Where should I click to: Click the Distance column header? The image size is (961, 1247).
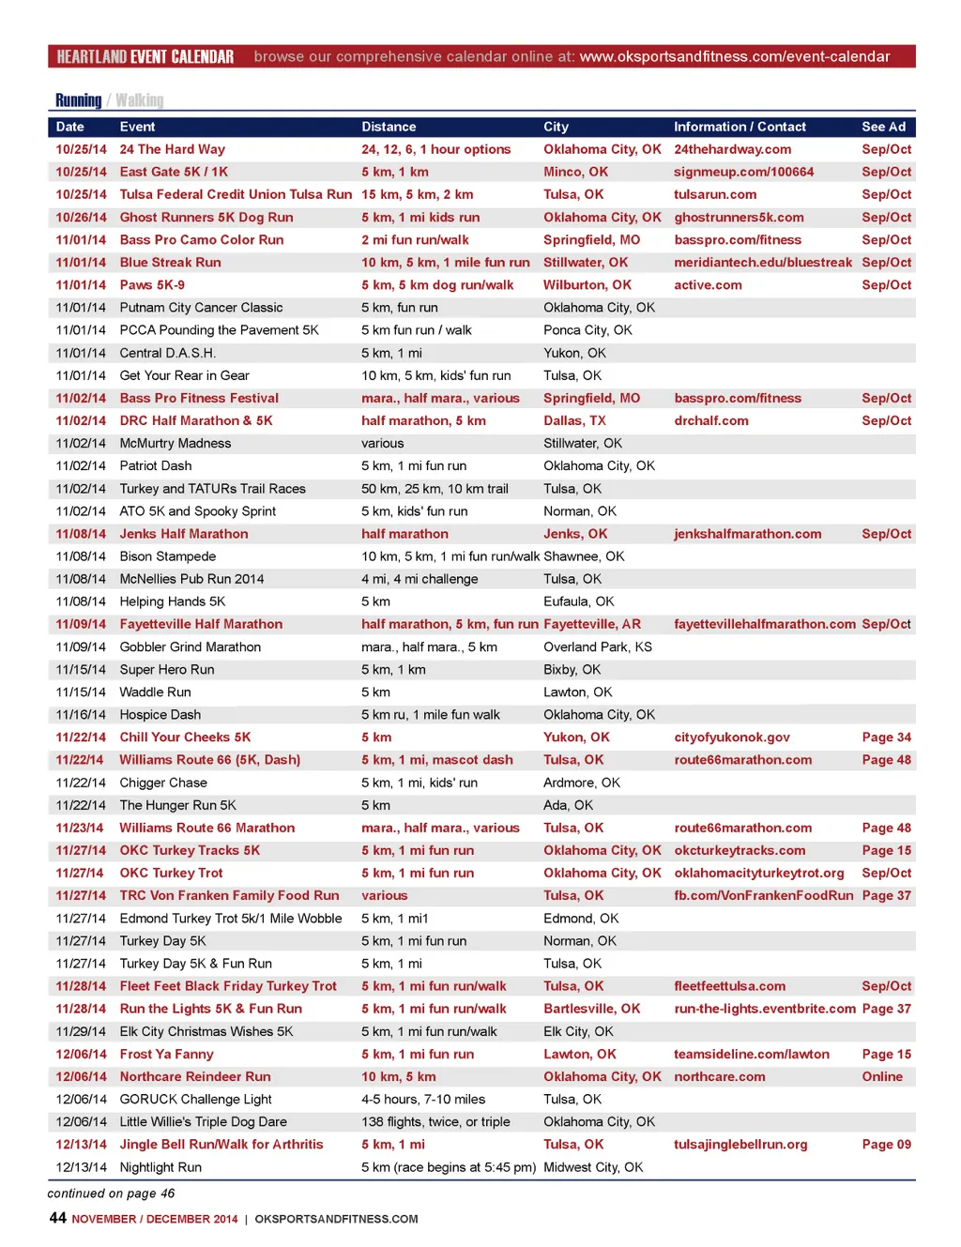pyautogui.click(x=389, y=127)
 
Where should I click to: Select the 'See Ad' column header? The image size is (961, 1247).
pyautogui.click(x=883, y=127)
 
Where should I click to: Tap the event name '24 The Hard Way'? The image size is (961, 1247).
pyautogui.click(x=172, y=149)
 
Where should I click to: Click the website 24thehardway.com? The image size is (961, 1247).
pyautogui.click(x=732, y=149)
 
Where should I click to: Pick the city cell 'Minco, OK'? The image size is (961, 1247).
pyautogui.click(x=575, y=172)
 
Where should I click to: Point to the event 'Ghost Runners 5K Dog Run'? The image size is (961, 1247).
pyautogui.click(x=206, y=217)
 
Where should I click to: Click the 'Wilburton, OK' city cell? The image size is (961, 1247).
pyautogui.click(x=587, y=285)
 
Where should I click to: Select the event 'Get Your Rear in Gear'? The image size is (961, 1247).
pyautogui.click(x=184, y=375)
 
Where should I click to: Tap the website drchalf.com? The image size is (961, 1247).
pyautogui.click(x=710, y=420)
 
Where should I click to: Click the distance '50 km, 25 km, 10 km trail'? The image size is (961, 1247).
pyautogui.click(x=435, y=489)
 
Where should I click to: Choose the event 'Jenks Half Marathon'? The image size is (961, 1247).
pyautogui.click(x=184, y=534)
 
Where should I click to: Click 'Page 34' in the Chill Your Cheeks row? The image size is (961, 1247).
pyautogui.click(x=886, y=738)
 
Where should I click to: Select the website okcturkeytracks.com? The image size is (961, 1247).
pyautogui.click(x=740, y=850)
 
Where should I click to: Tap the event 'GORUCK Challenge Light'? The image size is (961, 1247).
pyautogui.click(x=195, y=1099)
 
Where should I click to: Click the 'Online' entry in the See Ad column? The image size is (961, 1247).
pyautogui.click(x=882, y=1076)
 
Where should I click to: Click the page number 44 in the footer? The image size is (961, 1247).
pyautogui.click(x=57, y=1218)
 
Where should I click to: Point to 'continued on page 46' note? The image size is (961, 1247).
pyautogui.click(x=111, y=1194)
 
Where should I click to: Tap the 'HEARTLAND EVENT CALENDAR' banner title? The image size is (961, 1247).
pyautogui.click(x=145, y=57)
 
